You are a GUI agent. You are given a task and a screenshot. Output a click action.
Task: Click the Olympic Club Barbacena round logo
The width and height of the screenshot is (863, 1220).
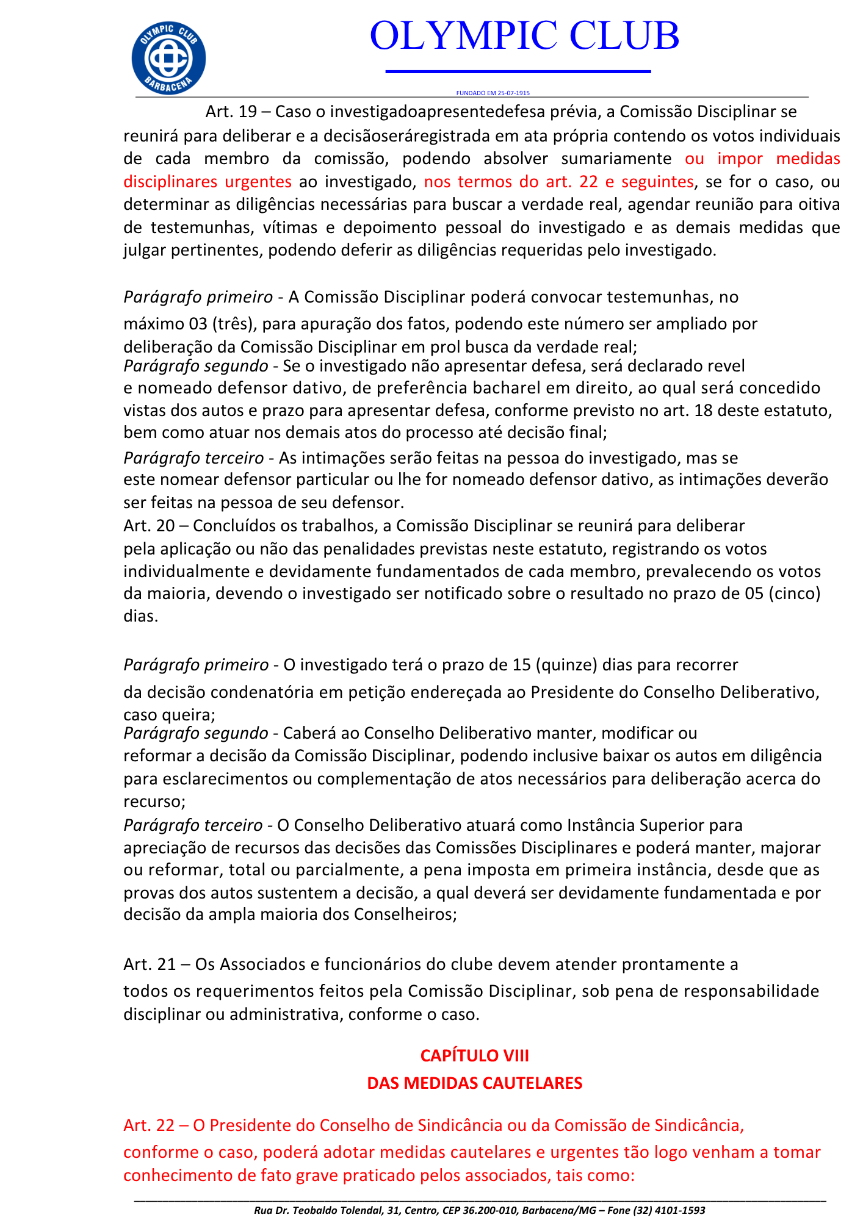coord(168,59)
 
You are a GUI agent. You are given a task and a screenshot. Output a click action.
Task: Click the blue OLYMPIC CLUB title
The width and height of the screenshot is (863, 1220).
coord(524,35)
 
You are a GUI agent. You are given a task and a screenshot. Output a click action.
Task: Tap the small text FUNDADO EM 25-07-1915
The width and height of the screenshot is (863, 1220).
coord(493,93)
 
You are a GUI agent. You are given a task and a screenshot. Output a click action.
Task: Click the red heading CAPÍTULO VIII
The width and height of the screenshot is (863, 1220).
coord(474,1055)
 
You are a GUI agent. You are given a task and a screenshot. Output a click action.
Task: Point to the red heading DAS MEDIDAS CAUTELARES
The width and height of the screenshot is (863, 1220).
coord(474,1083)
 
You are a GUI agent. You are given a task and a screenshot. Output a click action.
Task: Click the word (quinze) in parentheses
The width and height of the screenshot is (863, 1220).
coord(566,664)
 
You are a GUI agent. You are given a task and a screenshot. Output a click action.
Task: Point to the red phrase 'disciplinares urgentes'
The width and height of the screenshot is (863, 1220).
coord(208,182)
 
